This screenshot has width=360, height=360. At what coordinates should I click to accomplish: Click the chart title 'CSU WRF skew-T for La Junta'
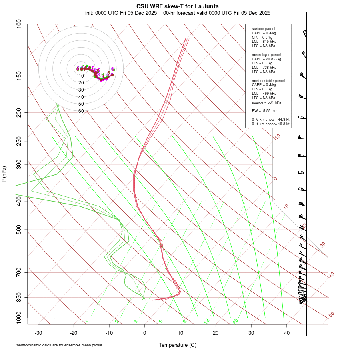178,6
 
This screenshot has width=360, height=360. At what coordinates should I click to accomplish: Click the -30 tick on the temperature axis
38,333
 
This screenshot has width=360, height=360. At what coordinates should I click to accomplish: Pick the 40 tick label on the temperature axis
286,333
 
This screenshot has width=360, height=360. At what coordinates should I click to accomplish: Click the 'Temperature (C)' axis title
178,345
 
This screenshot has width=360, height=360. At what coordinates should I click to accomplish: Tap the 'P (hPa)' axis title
4,174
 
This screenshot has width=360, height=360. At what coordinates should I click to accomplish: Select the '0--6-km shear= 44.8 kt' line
270,120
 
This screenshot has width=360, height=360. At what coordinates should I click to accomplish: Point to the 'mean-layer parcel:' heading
267,54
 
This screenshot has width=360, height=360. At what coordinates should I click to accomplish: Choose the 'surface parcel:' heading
264,29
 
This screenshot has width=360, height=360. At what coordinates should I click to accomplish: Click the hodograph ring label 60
81,111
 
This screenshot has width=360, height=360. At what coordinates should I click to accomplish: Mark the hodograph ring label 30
81,90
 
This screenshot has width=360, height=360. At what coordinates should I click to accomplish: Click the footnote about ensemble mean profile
59,345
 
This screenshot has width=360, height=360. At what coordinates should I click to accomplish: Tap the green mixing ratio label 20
236,321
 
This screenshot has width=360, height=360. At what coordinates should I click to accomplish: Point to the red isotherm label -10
276,137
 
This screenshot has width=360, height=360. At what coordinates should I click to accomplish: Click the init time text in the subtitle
121,13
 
